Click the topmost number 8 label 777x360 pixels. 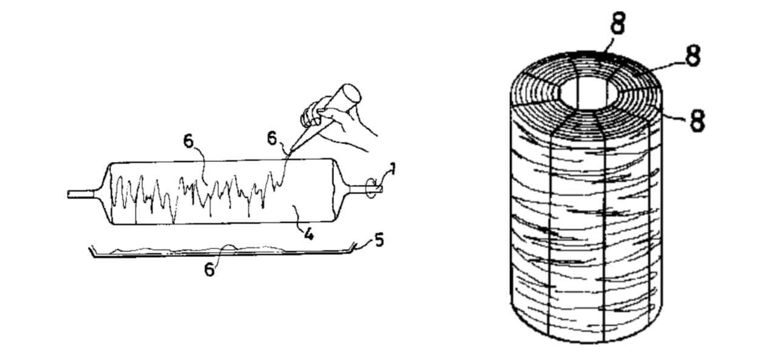[618, 23]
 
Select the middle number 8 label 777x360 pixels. [693, 56]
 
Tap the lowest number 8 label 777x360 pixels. [697, 120]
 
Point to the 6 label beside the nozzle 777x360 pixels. [273, 138]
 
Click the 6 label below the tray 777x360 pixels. [209, 269]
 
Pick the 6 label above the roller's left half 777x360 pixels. [188, 141]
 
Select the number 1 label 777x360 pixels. [392, 169]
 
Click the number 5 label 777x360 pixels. [379, 240]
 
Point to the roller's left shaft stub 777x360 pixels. [81, 194]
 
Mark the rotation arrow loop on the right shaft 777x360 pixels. [371, 188]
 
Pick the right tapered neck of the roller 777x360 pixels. [341, 190]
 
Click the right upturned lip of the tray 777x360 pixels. [353, 247]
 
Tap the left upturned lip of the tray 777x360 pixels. [93, 251]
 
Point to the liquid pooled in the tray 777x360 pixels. [201, 250]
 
